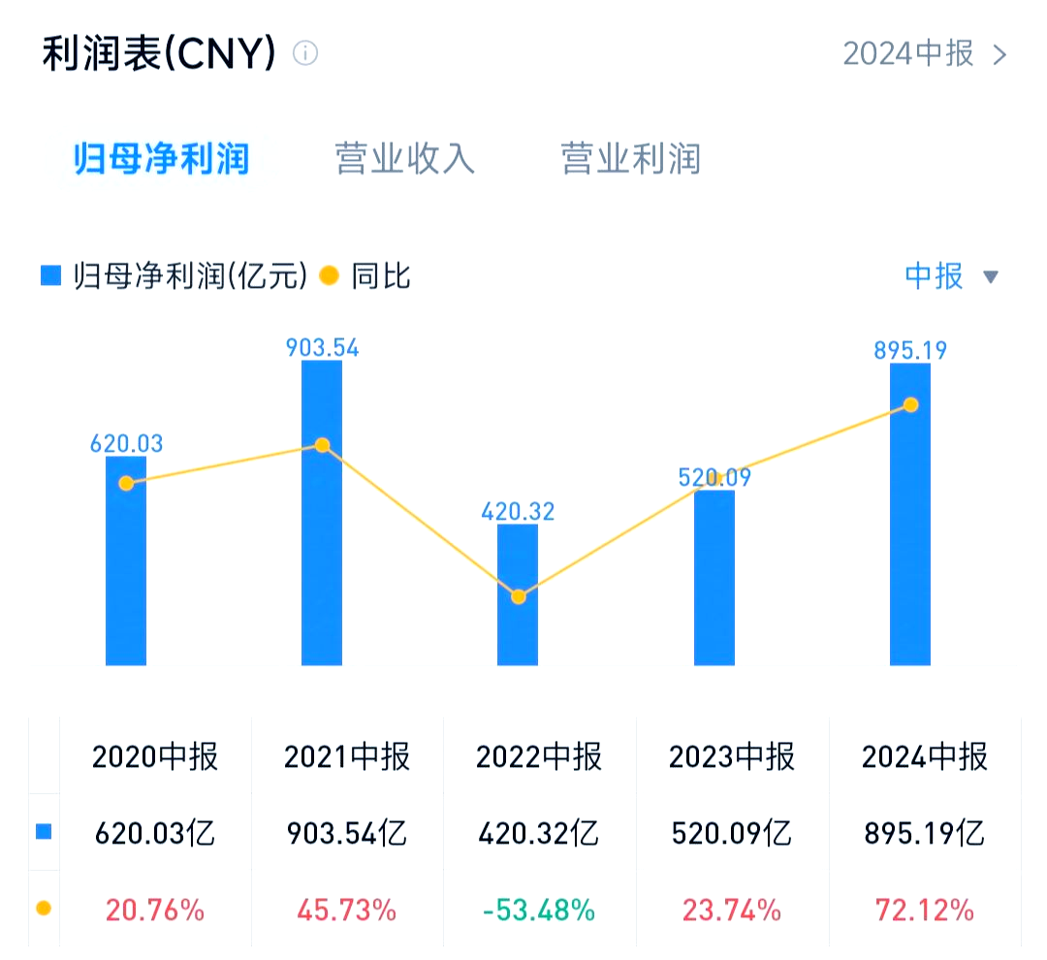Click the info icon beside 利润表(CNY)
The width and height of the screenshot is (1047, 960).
305,53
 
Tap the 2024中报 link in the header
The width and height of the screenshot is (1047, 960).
924,53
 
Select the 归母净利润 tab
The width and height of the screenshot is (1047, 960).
162,159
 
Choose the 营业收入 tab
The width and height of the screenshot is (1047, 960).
405,159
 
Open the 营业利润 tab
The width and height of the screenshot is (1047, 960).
630,159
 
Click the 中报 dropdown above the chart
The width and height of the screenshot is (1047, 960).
950,276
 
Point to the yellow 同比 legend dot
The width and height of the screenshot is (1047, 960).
330,276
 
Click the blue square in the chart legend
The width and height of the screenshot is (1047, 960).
50,276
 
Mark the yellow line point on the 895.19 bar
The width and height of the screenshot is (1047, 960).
910,404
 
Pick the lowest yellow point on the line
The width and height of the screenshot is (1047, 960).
519,596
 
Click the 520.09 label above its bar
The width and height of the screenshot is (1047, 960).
714,477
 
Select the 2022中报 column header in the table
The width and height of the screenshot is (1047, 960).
539,756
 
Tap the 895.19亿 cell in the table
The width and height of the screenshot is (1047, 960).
924,833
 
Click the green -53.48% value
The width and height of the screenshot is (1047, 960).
539,910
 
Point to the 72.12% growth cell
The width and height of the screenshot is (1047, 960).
924,910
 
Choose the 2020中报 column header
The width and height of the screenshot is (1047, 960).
155,756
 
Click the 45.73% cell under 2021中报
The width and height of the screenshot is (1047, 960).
346,910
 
